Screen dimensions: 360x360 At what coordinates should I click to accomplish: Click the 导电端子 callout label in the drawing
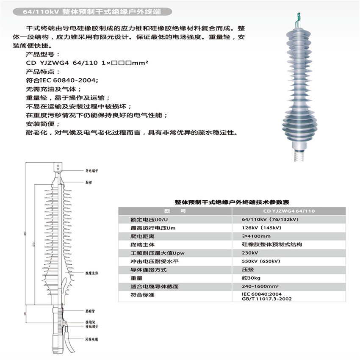(92, 170)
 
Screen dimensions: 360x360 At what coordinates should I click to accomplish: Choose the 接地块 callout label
(89, 322)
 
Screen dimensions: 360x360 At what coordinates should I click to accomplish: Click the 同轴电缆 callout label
(91, 340)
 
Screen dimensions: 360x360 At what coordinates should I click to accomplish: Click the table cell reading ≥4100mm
(256, 236)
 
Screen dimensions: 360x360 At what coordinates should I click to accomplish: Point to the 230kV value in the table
(249, 253)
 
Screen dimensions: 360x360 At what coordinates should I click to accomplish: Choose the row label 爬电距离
(143, 236)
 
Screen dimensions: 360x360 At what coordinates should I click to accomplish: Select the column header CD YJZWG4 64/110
(289, 211)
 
